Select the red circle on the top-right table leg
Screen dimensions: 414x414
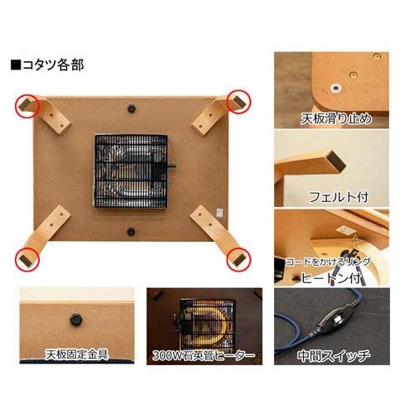pyautogui.click(x=238, y=100)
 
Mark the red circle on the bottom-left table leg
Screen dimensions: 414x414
pyautogui.click(x=26, y=258)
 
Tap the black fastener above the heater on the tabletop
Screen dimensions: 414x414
pyautogui.click(x=132, y=107)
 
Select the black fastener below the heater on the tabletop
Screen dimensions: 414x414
pyautogui.click(x=130, y=232)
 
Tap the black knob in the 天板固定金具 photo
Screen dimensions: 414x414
pyautogui.click(x=75, y=316)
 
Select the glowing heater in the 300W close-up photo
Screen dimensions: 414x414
pyautogui.click(x=203, y=323)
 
